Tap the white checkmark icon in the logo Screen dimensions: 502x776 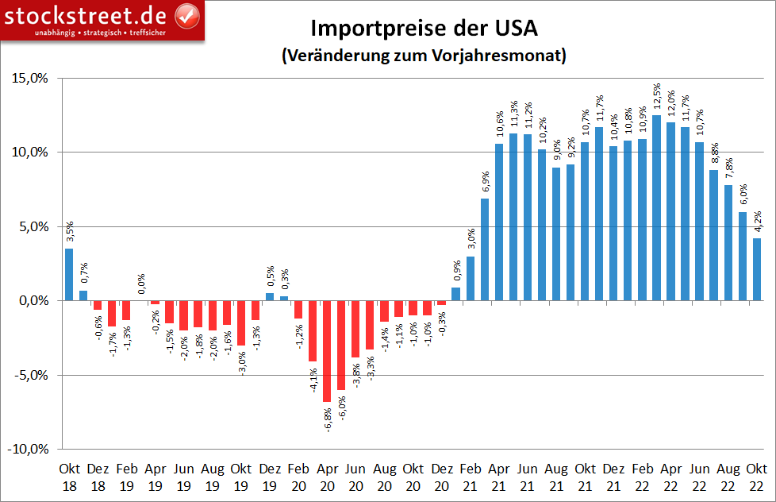point(186,14)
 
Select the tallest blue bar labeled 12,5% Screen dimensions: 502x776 point(657,208)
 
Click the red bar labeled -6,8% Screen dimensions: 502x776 point(327,351)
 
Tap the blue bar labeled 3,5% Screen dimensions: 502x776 point(69,275)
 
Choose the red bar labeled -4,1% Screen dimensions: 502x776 point(313,331)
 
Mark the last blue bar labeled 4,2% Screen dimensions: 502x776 point(758,269)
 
